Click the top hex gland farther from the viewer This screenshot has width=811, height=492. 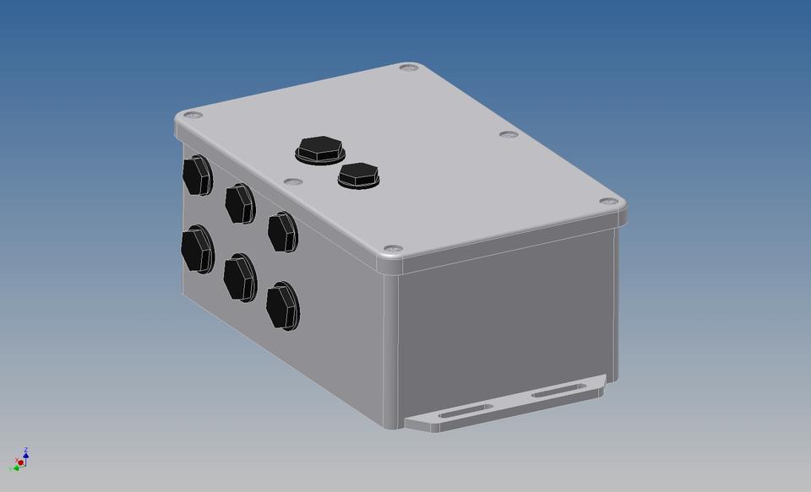click(320, 149)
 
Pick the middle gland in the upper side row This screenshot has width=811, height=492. click(239, 203)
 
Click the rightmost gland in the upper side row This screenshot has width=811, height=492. click(282, 232)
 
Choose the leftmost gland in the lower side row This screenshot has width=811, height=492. click(196, 247)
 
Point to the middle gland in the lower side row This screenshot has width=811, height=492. click(239, 277)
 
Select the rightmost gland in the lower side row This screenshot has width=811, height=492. click(282, 305)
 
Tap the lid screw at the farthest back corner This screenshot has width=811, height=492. click(409, 67)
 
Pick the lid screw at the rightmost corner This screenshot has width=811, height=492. click(607, 202)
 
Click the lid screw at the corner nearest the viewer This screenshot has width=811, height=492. click(391, 249)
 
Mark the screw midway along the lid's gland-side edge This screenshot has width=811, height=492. click(292, 181)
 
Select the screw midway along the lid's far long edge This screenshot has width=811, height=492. click(507, 134)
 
